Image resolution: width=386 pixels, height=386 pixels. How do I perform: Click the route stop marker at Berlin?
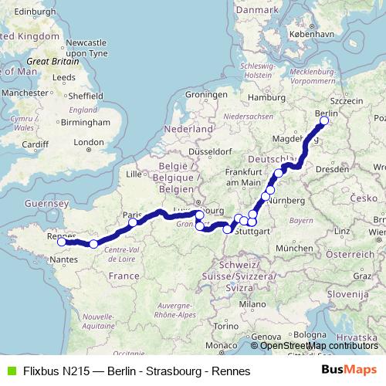324,120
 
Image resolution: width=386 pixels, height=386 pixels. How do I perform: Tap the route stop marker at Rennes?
62,242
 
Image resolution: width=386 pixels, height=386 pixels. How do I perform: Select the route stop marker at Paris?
133,222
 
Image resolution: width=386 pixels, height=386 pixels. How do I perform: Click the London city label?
88,142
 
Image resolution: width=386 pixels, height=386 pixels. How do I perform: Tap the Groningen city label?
205,96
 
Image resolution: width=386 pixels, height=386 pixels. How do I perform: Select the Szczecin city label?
346,101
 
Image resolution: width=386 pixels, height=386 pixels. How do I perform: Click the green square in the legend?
10,371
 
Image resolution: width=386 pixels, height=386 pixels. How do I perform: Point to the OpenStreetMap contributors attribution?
319,345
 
